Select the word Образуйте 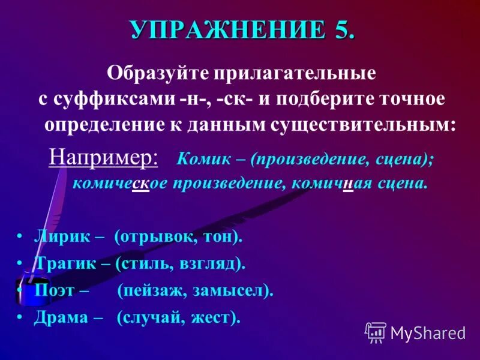coord(146,73)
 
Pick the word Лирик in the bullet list coord(58,236)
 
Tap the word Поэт coord(54,290)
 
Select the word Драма coord(61,317)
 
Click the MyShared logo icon coord(376,332)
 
